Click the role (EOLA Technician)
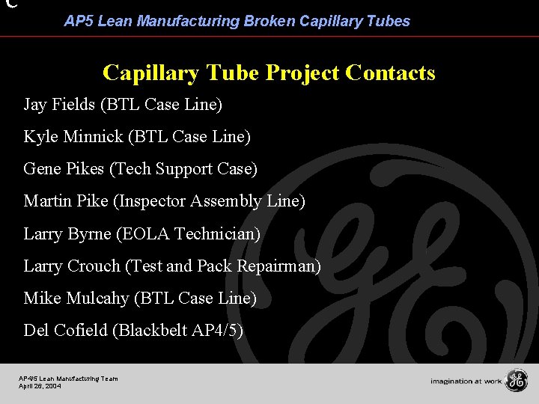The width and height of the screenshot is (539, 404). point(188,234)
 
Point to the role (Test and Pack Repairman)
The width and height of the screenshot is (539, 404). point(223,266)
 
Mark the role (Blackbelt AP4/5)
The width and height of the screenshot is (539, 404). point(177,331)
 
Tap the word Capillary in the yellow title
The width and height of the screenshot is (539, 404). point(146,73)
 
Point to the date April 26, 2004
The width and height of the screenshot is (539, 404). point(40,386)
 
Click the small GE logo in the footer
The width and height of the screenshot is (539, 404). point(516,381)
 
